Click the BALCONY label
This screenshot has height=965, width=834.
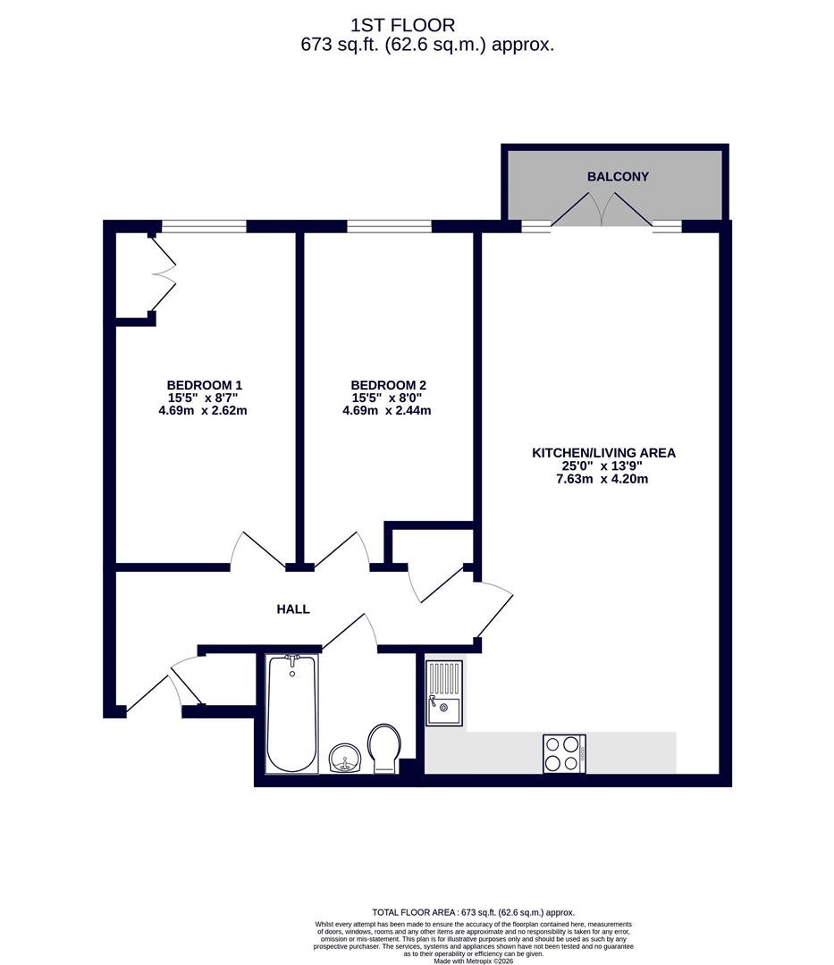pos(618,177)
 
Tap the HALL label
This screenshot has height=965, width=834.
pos(293,609)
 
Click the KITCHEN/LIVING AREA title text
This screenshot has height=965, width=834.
pos(603,453)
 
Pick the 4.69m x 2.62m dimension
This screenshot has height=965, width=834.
pos(203,410)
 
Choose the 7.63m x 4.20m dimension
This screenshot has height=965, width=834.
pos(602,479)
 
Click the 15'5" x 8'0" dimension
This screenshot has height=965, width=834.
pos(386,399)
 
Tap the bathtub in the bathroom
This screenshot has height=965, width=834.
pos(292,714)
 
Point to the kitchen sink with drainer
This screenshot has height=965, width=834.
pos(444,693)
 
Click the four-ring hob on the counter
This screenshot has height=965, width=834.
pos(564,754)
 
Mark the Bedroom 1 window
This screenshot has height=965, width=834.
pos(204,226)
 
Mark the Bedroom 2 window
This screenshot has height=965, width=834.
pos(389,226)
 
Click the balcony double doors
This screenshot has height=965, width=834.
pos(602,209)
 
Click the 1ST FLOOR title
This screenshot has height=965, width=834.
pos(402,25)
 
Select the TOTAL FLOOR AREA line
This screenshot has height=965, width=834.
pos(474,912)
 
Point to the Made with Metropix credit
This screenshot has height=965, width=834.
pos(474,961)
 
